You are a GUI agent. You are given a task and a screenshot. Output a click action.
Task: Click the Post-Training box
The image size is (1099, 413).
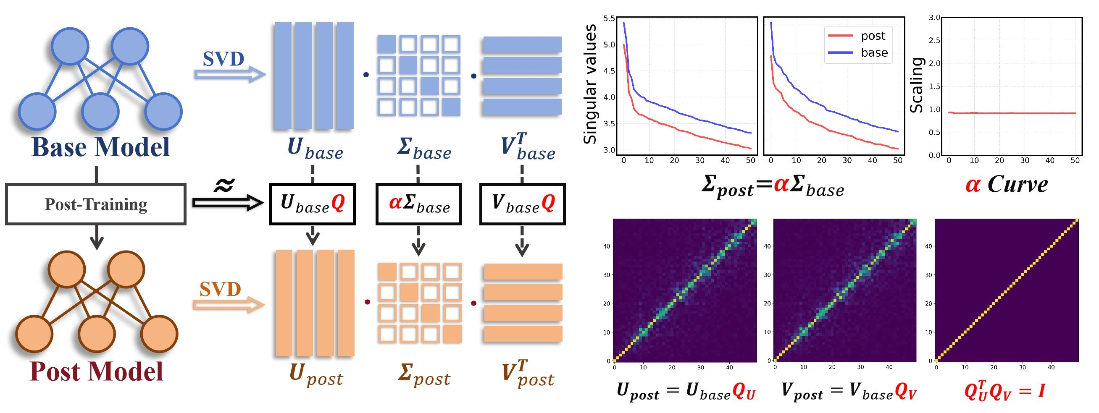pos(95,204)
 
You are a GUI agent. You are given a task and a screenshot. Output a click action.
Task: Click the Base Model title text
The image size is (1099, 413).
pos(101,147)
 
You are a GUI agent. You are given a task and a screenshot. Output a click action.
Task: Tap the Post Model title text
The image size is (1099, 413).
pos(97,371)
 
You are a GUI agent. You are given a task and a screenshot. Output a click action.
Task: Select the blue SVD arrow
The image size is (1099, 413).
pos(230,74)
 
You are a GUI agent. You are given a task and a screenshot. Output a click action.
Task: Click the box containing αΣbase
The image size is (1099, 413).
pos(418,204)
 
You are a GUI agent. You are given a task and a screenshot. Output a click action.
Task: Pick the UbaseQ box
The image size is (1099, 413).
pos(313,204)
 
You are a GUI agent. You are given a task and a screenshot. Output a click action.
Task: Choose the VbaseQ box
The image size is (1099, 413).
pos(523,204)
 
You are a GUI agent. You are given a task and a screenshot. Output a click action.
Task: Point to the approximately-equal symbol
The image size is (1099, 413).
pos(224,185)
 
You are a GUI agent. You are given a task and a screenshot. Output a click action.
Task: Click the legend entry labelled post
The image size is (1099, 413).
pos(857,36)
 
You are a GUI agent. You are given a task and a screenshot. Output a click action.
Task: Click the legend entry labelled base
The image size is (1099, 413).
pos(857,53)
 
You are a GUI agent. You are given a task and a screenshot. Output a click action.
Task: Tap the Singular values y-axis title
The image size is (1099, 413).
pos(589,84)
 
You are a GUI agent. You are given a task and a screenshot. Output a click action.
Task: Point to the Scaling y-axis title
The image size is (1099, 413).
pos(916,85)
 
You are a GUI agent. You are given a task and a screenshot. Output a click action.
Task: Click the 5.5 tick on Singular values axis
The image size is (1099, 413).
pos(609,18)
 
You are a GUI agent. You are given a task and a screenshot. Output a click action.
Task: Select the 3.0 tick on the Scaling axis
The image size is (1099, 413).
pos(934,18)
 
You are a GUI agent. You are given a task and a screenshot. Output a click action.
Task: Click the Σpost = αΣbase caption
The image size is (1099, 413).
pos(773,187)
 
